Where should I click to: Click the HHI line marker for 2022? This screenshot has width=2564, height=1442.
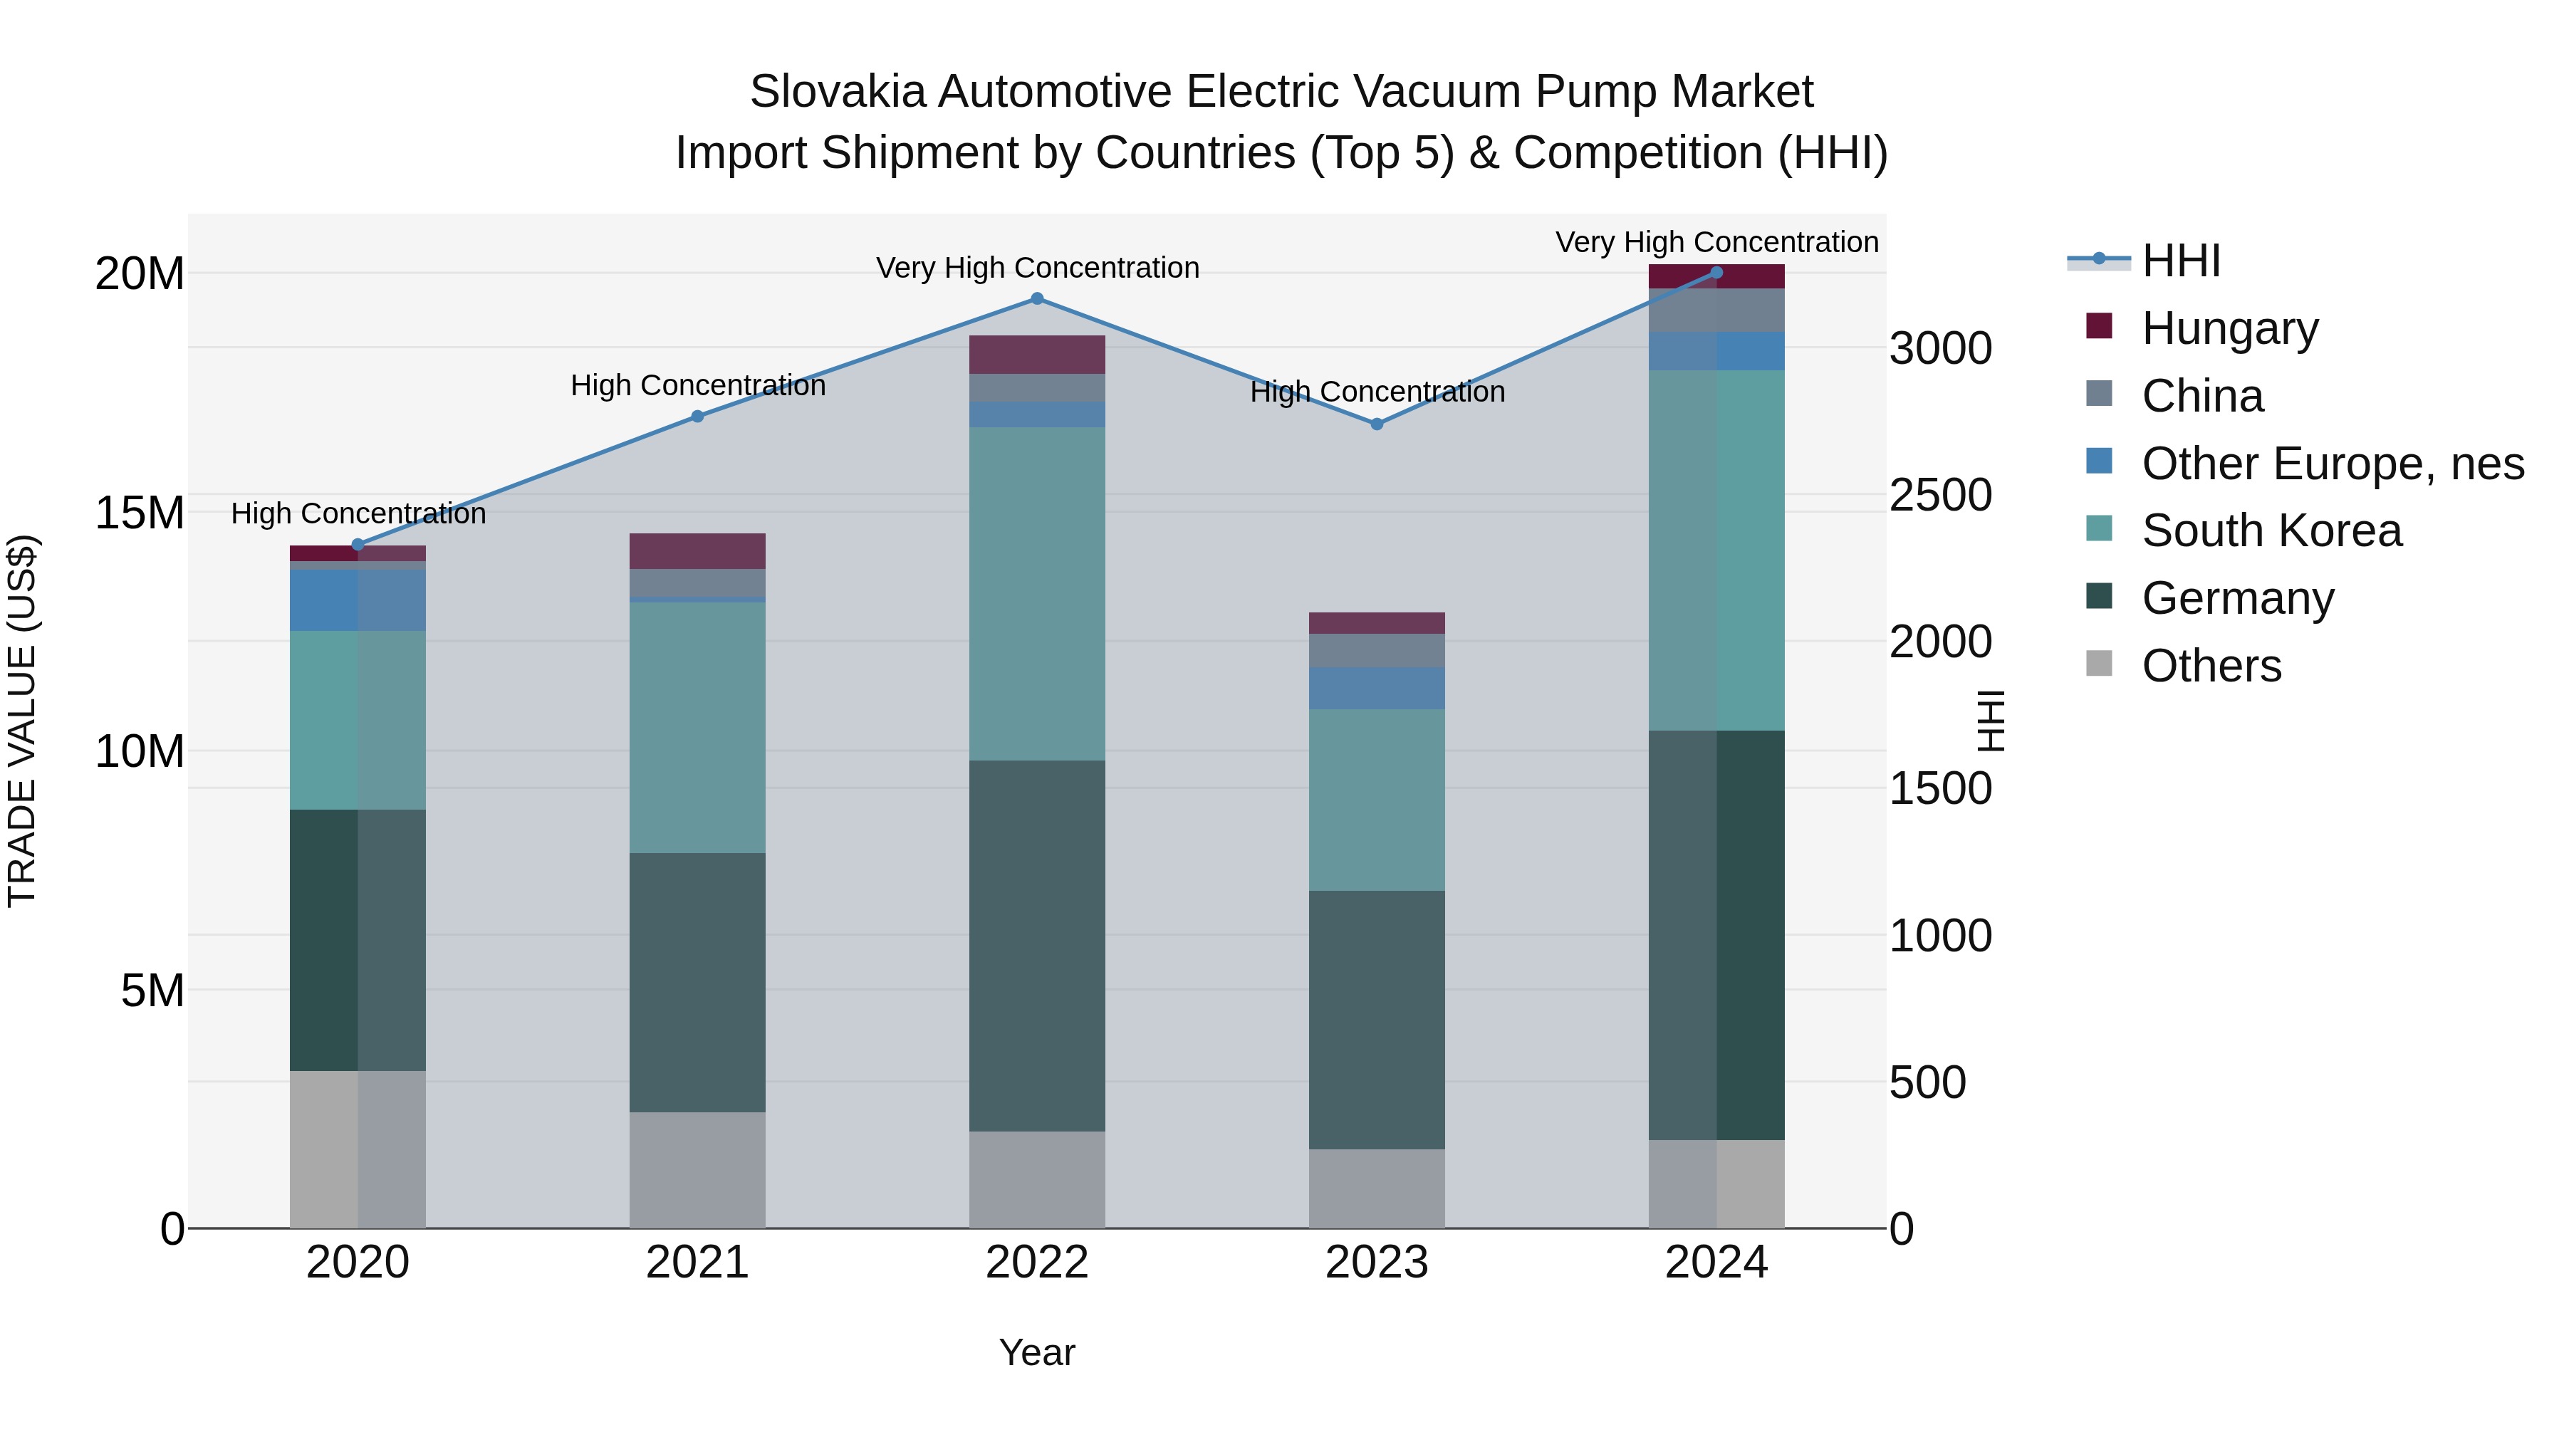[1036, 298]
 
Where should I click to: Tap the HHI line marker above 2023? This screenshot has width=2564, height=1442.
[1377, 424]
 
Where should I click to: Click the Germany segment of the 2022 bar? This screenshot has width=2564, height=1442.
[1036, 946]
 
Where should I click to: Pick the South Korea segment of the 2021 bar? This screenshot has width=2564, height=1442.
[698, 726]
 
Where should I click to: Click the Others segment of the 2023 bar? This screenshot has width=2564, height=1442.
[1377, 1188]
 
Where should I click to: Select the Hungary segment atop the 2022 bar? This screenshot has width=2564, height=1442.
[1036, 355]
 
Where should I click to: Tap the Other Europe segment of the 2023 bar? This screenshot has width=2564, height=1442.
[1377, 688]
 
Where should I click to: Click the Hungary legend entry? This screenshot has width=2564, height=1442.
[2229, 328]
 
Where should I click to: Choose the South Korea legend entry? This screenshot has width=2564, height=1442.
[2271, 531]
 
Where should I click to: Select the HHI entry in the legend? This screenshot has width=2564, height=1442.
[2180, 261]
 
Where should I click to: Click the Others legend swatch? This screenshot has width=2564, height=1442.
[2098, 664]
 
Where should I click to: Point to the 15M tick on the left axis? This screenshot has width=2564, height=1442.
[140, 513]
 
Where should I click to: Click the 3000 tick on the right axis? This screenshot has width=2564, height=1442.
[1940, 350]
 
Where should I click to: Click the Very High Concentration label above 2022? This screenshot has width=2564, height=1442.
[1037, 268]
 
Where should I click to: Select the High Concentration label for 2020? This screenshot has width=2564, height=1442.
[358, 513]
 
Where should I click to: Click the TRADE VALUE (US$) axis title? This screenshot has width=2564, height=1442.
[22, 721]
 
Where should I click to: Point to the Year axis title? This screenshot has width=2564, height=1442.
[1036, 1352]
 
